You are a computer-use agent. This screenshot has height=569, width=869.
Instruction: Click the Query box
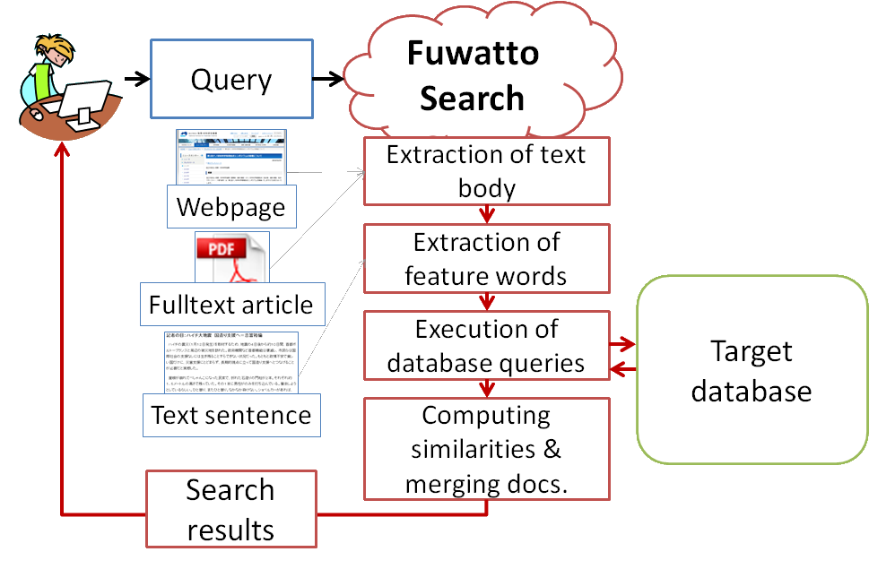click(x=231, y=80)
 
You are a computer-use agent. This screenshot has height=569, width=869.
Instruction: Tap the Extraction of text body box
click(x=486, y=171)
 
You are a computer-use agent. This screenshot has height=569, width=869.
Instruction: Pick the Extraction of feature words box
click(x=486, y=259)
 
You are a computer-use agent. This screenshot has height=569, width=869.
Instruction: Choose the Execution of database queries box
click(x=486, y=346)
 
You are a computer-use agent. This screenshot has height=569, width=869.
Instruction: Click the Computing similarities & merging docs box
click(x=486, y=449)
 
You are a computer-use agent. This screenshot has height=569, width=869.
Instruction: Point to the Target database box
click(x=752, y=370)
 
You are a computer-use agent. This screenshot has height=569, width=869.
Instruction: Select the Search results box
click(x=230, y=509)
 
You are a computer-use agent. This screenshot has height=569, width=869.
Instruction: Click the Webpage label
click(x=231, y=207)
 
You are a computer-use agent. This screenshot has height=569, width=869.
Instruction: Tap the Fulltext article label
click(x=231, y=304)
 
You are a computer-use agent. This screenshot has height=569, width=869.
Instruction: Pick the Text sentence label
click(x=231, y=415)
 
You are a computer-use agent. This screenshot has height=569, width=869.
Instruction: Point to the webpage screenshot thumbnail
click(x=231, y=158)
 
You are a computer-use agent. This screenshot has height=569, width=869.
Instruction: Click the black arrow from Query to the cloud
click(x=328, y=80)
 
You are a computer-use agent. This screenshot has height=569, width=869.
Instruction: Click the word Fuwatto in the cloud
click(x=473, y=54)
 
